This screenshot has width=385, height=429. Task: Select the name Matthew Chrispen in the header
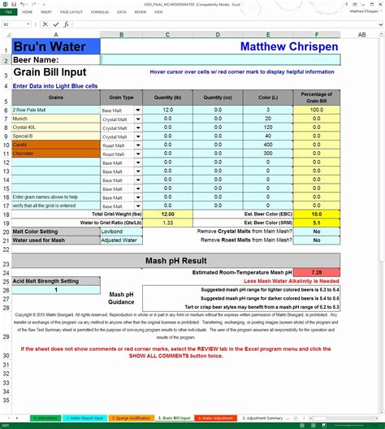288,46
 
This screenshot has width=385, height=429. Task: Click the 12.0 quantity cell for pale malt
167,110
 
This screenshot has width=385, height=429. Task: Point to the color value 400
267,144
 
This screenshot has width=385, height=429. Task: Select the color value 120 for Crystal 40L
267,127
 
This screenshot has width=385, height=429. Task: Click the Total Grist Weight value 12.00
167,214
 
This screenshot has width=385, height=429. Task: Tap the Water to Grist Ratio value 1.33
167,223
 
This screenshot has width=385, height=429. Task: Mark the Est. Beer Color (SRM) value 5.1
316,223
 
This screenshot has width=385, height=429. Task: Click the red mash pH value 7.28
316,271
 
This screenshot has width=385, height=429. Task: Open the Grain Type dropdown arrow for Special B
137,136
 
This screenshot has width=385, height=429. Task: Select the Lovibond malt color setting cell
121,232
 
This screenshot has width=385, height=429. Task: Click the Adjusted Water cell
121,240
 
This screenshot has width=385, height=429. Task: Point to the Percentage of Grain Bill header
316,97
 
